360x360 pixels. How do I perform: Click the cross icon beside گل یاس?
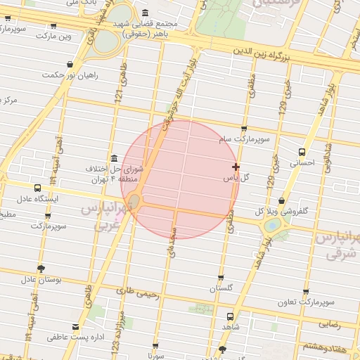(236, 167)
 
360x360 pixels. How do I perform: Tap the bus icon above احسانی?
(302, 151)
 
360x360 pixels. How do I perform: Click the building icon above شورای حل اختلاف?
(114, 157)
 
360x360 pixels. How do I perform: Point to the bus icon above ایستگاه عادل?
(37, 188)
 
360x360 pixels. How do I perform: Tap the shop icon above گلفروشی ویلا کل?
(282, 200)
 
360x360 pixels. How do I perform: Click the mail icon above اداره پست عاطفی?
(75, 327)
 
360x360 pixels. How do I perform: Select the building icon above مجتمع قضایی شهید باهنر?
(145, 13)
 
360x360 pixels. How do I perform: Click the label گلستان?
(221, 288)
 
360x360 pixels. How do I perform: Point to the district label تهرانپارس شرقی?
(337, 244)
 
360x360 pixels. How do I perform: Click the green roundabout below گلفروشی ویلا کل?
(271, 225)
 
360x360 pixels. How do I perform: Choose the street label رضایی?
(330, 325)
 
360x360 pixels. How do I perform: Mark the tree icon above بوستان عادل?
(41, 268)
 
